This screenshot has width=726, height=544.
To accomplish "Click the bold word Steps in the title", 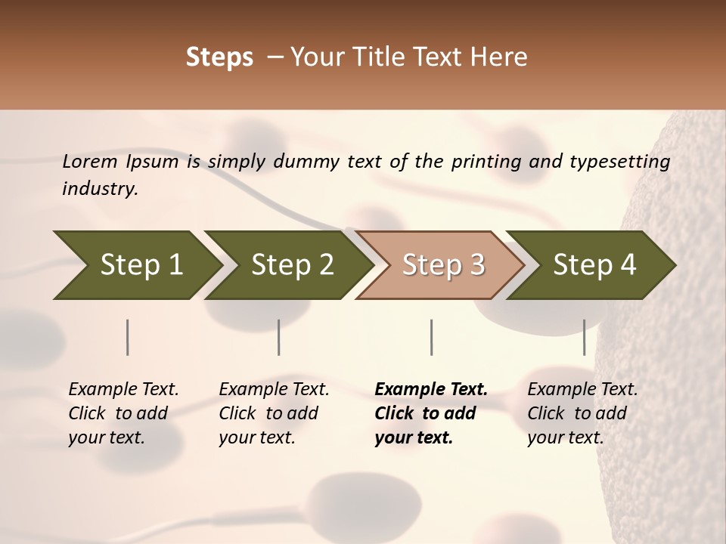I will [x=219, y=57].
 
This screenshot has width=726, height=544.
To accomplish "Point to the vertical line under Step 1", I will [x=127, y=337].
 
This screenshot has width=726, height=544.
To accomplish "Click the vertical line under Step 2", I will [x=279, y=337].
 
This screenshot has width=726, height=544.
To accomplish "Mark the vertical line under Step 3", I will [x=431, y=337].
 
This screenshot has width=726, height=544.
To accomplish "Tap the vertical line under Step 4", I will [x=584, y=337].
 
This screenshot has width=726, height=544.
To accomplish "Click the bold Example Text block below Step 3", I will [x=430, y=413].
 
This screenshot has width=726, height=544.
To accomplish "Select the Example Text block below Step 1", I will [x=123, y=413].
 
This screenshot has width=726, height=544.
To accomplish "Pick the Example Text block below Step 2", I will [x=274, y=413].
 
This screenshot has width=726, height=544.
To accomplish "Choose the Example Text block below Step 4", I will [x=582, y=413].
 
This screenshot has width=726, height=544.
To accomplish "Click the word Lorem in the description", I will [x=89, y=161].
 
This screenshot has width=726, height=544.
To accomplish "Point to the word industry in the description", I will [x=100, y=189].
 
